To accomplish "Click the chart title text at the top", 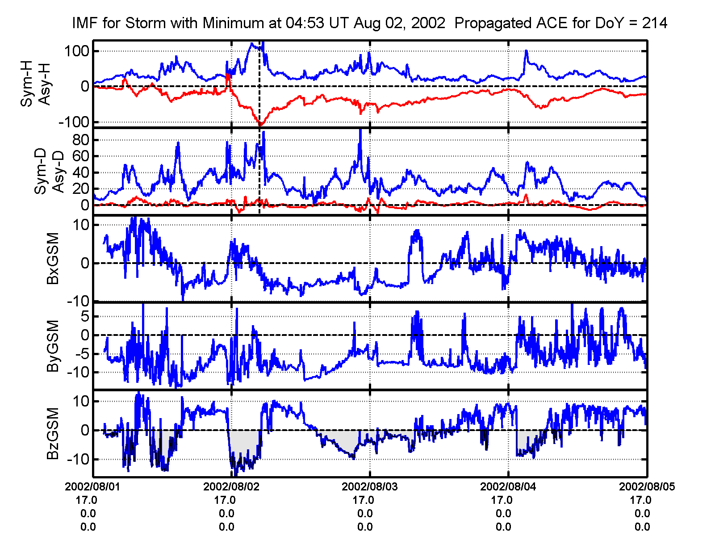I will coord(370,23).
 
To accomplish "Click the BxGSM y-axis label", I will coord(53,259).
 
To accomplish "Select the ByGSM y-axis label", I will coord(53,346).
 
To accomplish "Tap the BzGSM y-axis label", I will coord(53,433).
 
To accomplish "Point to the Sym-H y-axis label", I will coord(27,85).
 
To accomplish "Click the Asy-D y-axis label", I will coord(59,172).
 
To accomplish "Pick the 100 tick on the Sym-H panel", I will coord(77,51).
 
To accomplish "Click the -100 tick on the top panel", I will coord(74,122).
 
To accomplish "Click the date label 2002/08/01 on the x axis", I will coord(92,487).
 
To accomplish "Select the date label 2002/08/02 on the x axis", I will coord(231,487).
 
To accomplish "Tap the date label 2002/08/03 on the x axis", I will coord(369,487).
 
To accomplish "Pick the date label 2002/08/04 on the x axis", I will coord(508,487).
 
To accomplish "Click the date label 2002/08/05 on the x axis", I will coord(646,487).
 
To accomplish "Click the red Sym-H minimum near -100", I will coord(260,125).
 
